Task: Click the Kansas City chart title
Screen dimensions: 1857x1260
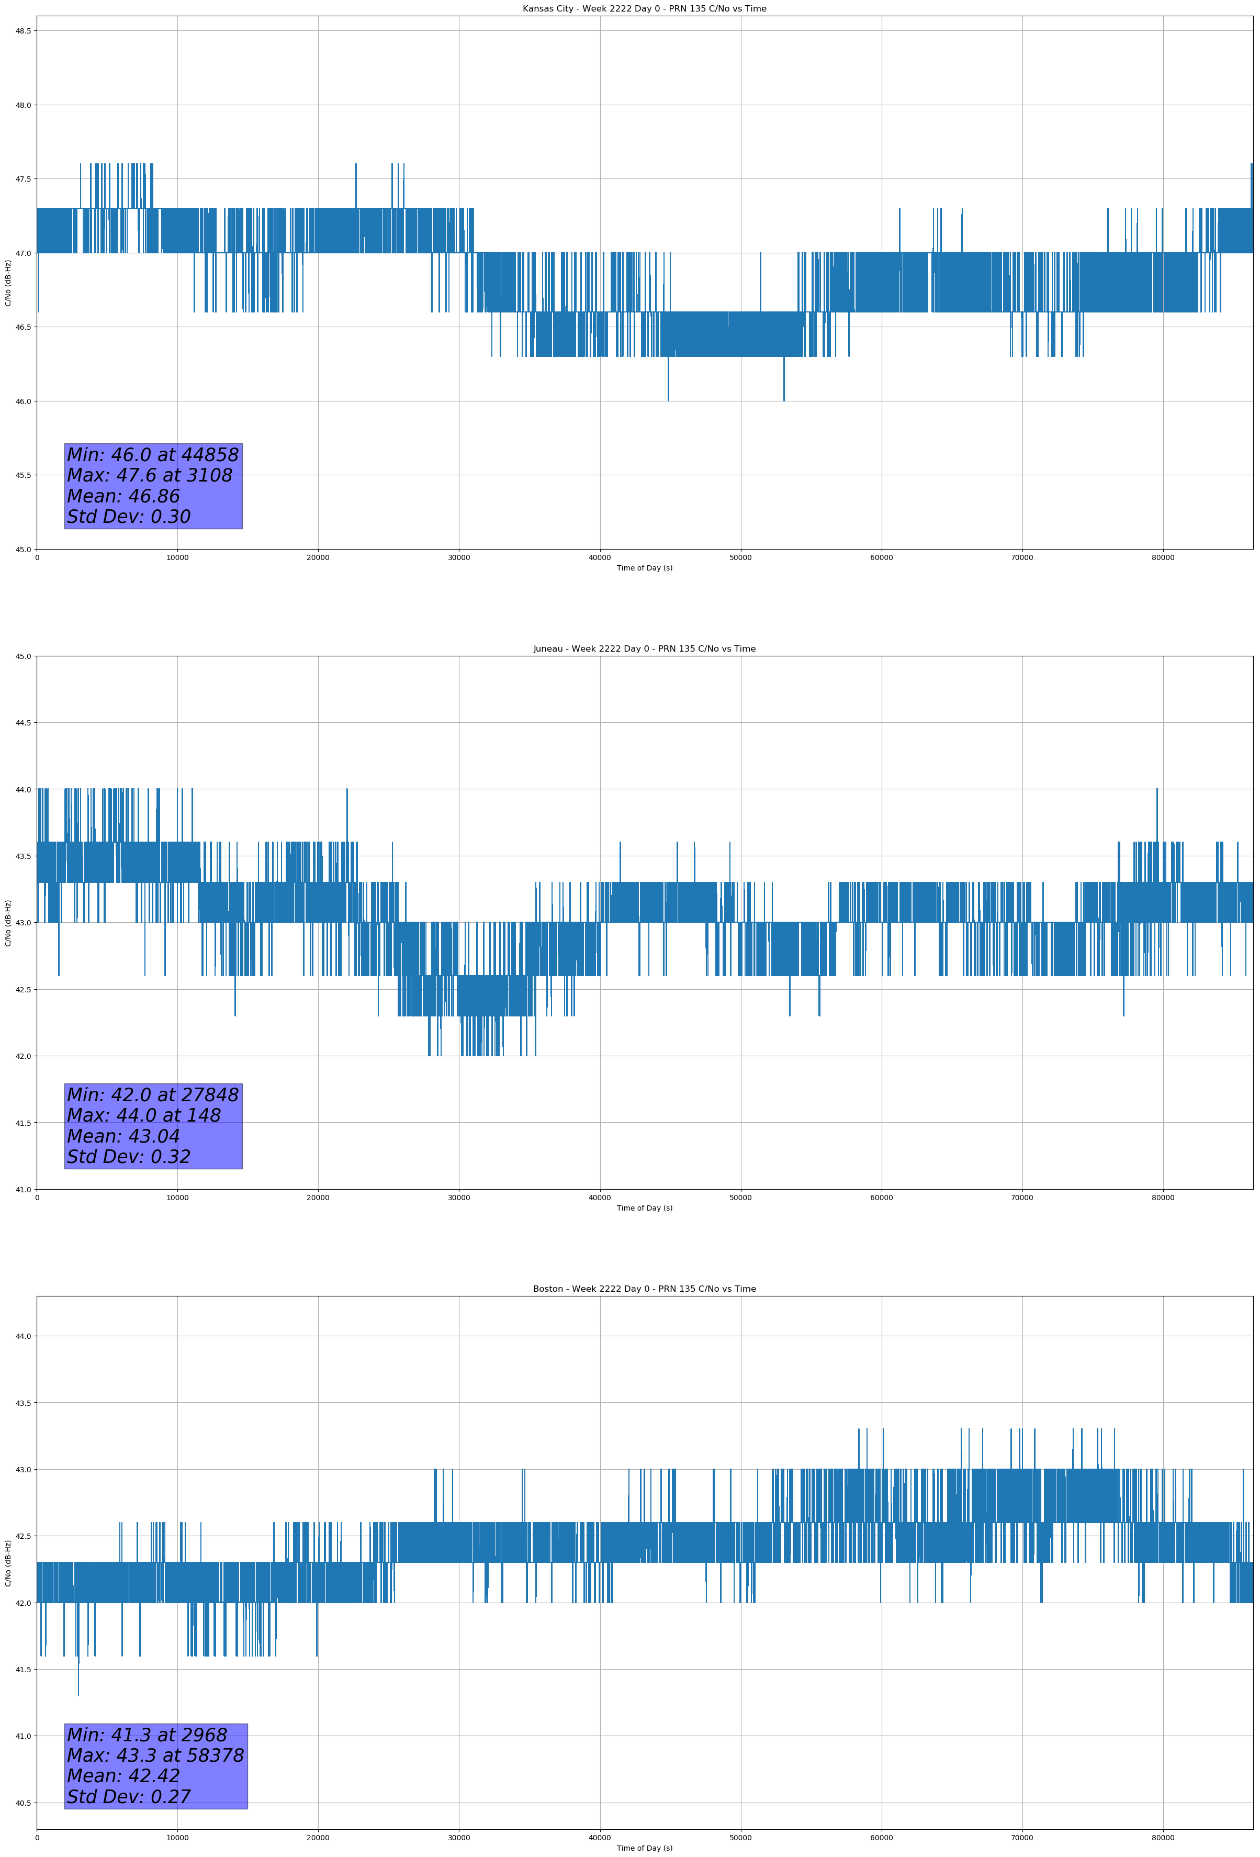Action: click(644, 9)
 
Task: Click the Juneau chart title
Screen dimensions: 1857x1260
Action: click(644, 649)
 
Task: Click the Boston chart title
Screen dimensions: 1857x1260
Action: click(644, 1289)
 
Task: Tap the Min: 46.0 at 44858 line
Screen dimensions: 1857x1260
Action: click(153, 455)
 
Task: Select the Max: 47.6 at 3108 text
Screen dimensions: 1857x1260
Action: click(150, 475)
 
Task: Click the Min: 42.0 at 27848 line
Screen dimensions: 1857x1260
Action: click(153, 1095)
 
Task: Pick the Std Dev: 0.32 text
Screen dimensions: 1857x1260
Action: click(129, 1157)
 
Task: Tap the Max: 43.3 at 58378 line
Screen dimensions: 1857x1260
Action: click(155, 1755)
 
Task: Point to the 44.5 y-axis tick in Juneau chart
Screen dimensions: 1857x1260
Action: click(23, 723)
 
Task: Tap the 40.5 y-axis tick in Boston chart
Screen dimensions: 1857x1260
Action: click(23, 1803)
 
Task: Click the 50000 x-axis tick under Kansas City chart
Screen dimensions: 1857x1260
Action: click(740, 558)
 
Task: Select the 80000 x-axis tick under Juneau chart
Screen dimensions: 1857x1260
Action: click(1163, 1198)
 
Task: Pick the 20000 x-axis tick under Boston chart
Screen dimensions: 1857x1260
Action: click(318, 1838)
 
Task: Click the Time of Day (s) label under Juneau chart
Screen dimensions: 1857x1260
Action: click(644, 1208)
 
